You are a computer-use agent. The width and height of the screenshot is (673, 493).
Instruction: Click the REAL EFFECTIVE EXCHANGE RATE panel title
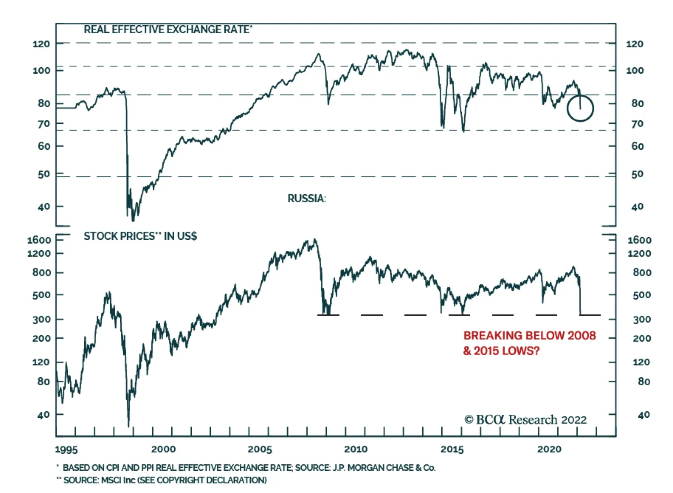click(x=168, y=29)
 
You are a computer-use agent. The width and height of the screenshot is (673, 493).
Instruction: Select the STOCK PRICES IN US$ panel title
click(x=140, y=236)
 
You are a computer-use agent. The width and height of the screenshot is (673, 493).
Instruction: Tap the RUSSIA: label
click(x=307, y=199)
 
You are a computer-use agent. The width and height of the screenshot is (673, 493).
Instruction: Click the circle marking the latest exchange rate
click(x=580, y=109)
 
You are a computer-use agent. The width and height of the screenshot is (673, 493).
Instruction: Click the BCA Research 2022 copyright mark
click(x=525, y=420)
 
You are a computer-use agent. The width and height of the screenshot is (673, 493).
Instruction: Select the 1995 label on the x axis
click(x=66, y=449)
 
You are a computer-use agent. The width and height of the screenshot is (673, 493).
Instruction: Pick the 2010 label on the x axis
click(x=356, y=449)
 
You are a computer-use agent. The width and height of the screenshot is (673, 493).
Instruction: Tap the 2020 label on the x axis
click(x=549, y=449)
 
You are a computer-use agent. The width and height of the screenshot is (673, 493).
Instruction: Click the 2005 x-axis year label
click(x=260, y=449)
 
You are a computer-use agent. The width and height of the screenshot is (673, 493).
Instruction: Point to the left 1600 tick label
click(x=39, y=240)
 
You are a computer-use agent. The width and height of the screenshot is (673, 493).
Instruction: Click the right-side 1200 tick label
click(x=639, y=254)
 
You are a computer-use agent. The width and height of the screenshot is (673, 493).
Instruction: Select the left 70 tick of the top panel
click(x=44, y=124)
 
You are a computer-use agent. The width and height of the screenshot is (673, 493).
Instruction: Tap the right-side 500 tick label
click(x=641, y=295)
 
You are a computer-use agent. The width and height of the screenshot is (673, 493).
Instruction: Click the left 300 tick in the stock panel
click(x=41, y=319)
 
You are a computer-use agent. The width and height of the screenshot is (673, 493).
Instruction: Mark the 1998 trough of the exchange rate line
click(x=133, y=220)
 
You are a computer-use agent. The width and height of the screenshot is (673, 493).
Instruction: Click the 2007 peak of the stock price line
click(x=315, y=240)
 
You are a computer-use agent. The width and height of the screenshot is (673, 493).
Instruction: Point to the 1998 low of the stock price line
click(x=128, y=426)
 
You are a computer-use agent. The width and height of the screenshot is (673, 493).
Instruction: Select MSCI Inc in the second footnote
click(x=118, y=480)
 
